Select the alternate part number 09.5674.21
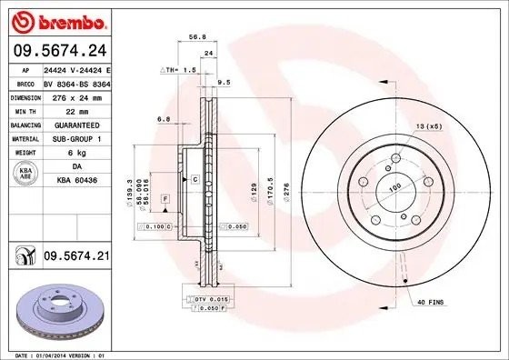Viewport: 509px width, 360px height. (x=75, y=258)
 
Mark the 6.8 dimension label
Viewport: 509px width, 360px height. (x=163, y=119)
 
